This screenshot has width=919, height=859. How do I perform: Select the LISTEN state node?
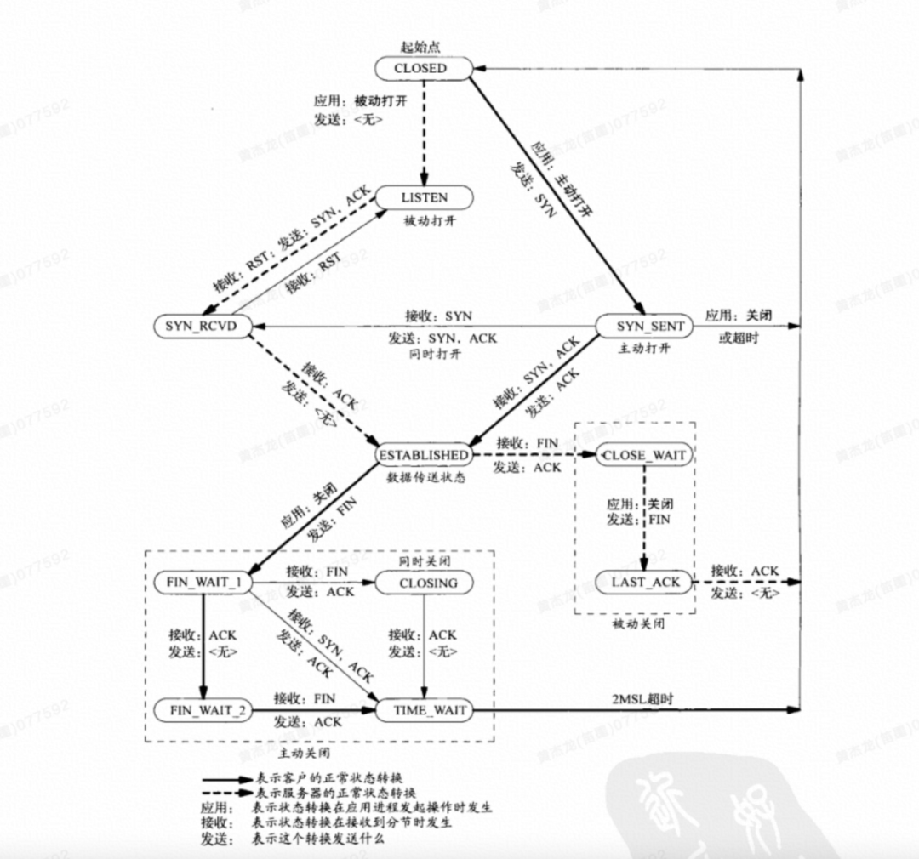click(424, 197)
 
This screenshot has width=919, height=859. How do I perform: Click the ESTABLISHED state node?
click(422, 455)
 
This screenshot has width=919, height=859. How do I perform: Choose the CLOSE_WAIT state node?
click(643, 455)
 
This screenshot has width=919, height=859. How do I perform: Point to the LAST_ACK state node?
click(645, 583)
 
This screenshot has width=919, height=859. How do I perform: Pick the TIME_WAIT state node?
click(424, 709)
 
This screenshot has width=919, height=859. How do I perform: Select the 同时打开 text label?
click(434, 353)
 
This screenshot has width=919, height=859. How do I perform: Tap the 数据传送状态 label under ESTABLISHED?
click(425, 477)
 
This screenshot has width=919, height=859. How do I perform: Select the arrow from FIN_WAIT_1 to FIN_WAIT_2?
click(203, 646)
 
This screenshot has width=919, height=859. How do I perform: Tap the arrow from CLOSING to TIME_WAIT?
click(424, 646)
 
